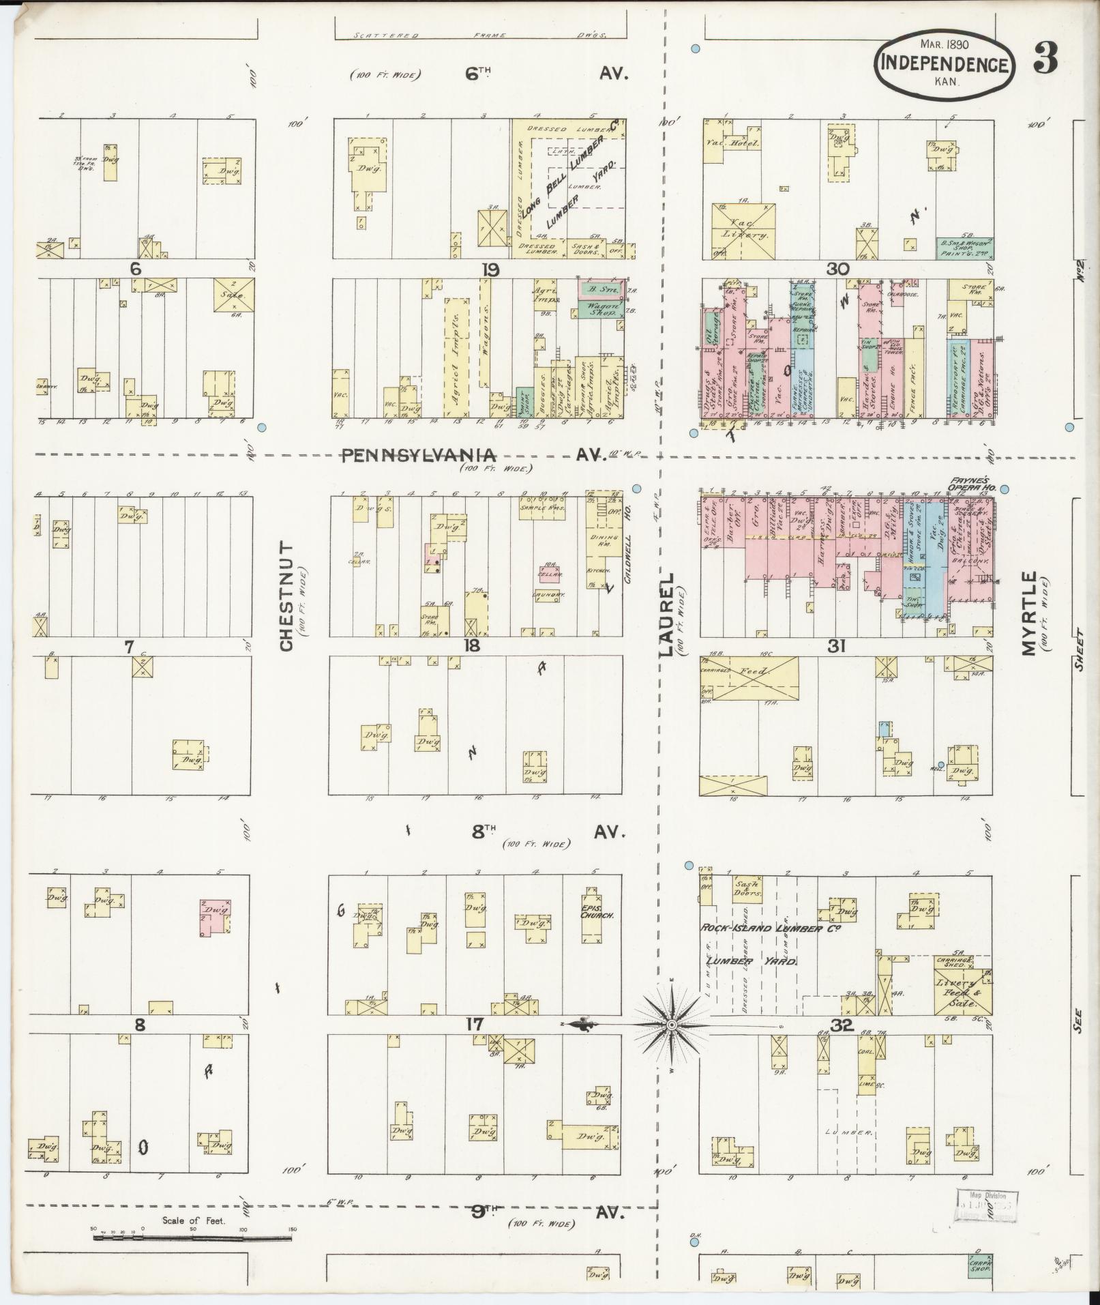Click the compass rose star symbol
[672, 1025]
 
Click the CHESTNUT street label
[286, 597]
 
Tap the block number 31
[837, 645]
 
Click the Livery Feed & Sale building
[963, 993]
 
